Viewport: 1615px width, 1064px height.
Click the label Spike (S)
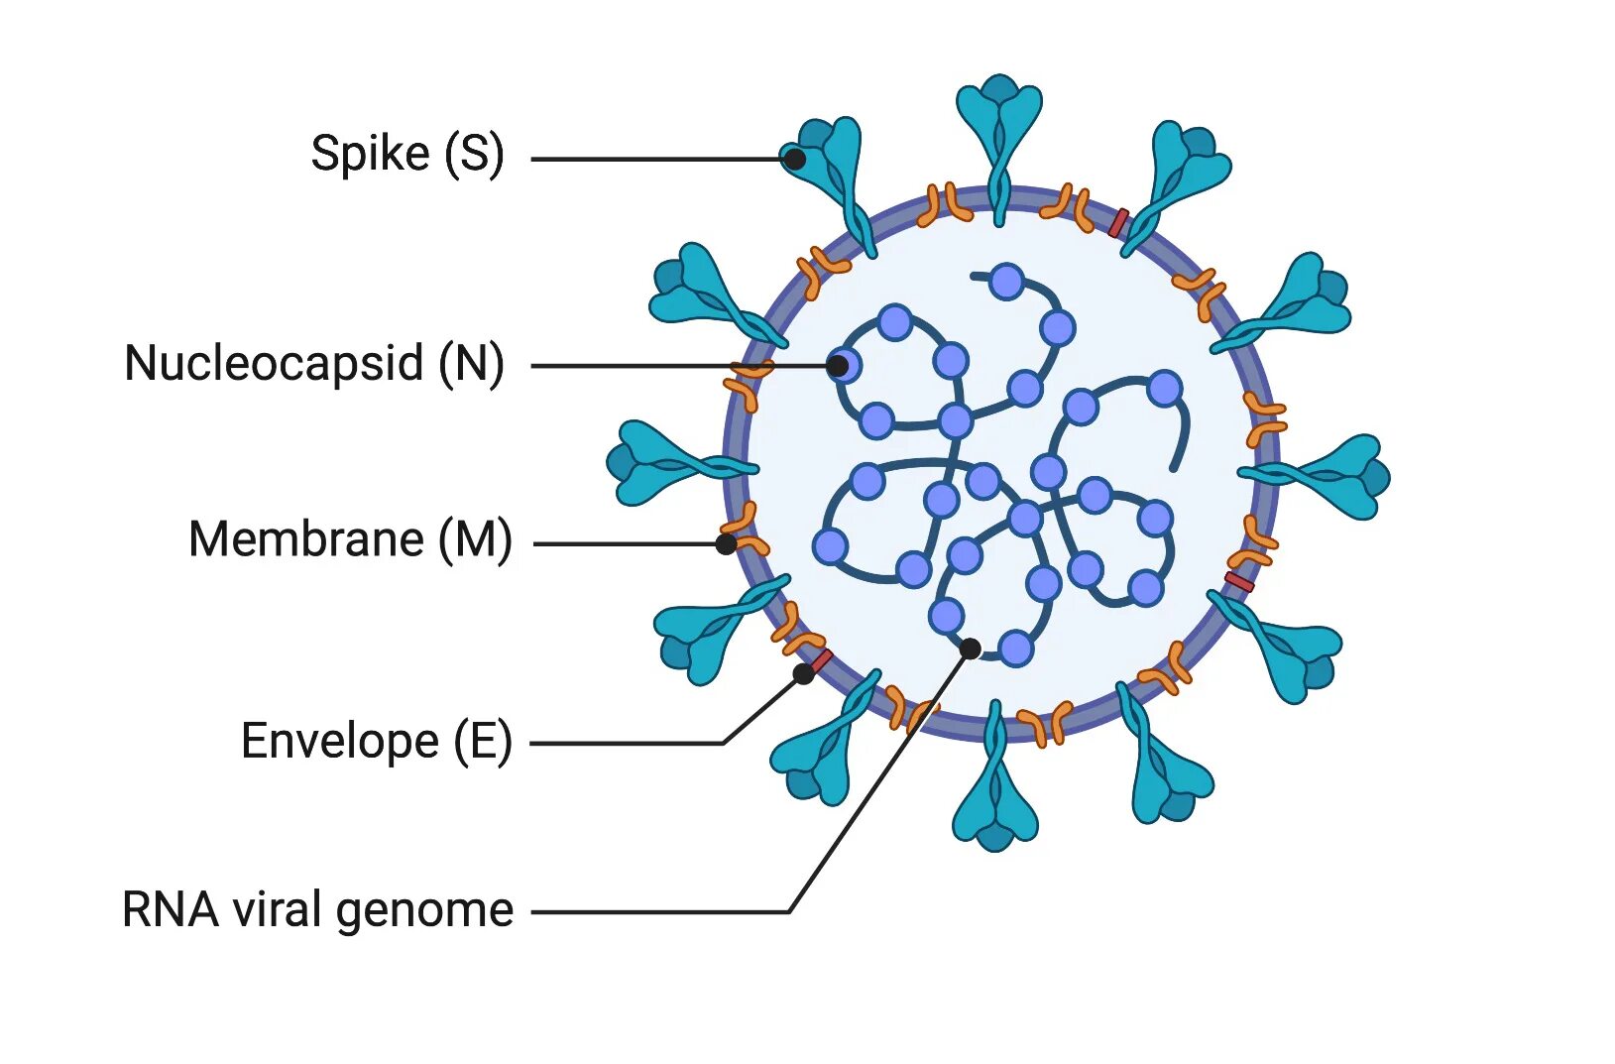406,154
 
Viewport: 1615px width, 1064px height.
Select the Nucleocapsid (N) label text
313,363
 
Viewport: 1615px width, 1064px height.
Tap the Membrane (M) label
349,539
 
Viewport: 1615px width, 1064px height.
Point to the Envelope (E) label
376,741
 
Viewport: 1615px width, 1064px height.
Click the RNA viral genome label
317,909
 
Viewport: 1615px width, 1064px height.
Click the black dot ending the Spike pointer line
793,158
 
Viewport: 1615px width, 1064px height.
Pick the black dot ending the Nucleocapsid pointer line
838,366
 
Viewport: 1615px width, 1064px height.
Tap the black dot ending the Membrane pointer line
727,543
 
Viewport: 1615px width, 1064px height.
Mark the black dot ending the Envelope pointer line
804,674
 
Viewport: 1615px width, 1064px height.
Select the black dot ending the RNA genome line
971,649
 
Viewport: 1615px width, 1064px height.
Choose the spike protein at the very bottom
995,793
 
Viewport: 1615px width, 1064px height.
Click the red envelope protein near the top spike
1118,223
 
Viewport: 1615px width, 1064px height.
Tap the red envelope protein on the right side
1239,582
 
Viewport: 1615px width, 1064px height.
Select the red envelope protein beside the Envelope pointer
822,659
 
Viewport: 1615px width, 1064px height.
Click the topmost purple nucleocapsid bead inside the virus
1007,282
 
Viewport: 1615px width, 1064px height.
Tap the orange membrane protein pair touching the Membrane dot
744,531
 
